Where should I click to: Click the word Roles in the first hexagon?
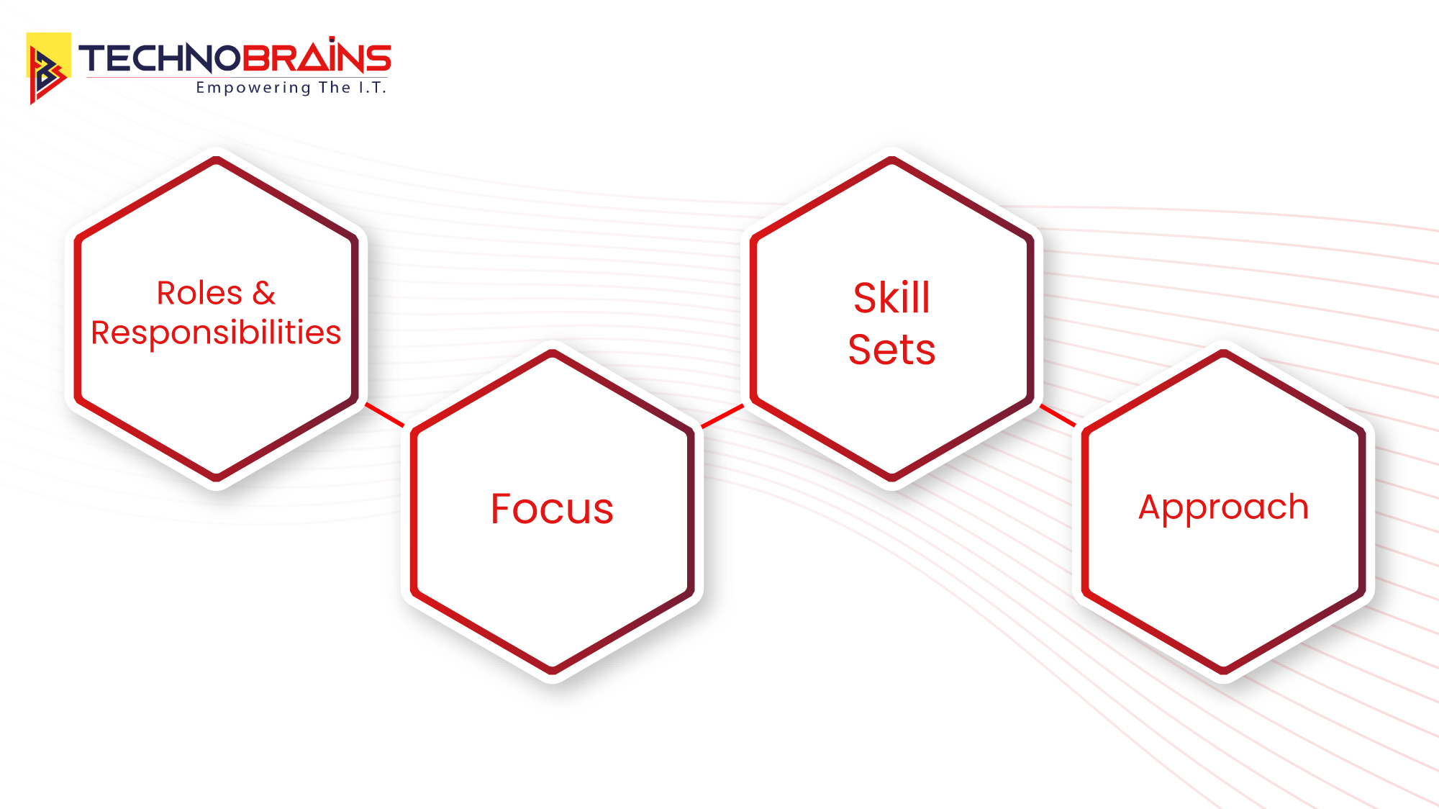tap(199, 294)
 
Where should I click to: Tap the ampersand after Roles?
tap(264, 294)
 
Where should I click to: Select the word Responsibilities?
tap(216, 333)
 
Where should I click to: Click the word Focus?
tap(552, 509)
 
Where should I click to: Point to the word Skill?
tap(891, 298)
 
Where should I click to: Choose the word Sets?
tap(891, 350)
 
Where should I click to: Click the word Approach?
tap(1223, 508)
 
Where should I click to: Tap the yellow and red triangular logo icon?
tap(48, 68)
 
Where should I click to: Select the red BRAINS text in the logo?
tap(316, 58)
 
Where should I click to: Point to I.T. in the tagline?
tap(373, 88)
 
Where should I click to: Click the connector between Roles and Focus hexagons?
tap(385, 415)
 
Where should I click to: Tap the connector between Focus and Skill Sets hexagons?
tap(722, 416)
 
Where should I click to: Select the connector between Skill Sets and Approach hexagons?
tap(1058, 415)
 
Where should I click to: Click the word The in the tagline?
tap(335, 88)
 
